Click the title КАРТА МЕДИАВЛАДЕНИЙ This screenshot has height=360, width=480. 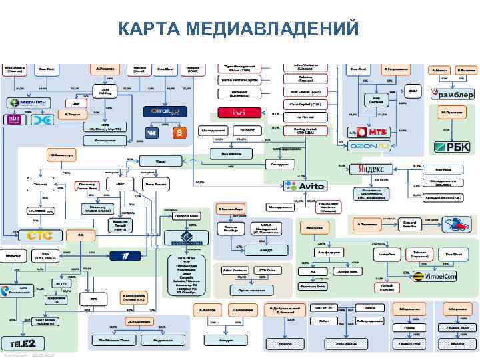[x=239, y=29]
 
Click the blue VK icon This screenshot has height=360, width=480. [x=153, y=132]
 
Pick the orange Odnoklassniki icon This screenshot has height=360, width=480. [x=179, y=132]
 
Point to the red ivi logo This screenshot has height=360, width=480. [x=242, y=113]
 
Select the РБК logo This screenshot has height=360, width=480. [x=452, y=146]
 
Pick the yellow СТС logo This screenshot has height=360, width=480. [x=35, y=235]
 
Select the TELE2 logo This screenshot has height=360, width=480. [x=26, y=343]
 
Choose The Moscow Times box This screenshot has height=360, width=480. [x=113, y=341]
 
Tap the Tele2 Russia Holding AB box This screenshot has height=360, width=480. [x=44, y=320]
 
